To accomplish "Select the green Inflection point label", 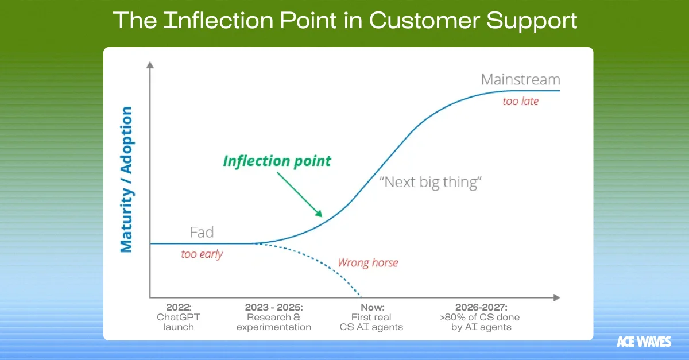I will point(277,161).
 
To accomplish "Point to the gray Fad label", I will point(202,233).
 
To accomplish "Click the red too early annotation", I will point(202,254).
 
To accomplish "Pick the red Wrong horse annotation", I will point(367,263).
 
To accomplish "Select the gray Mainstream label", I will point(520,79).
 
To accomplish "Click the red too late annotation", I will point(520,102).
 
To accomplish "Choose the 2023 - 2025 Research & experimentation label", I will point(273,317).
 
